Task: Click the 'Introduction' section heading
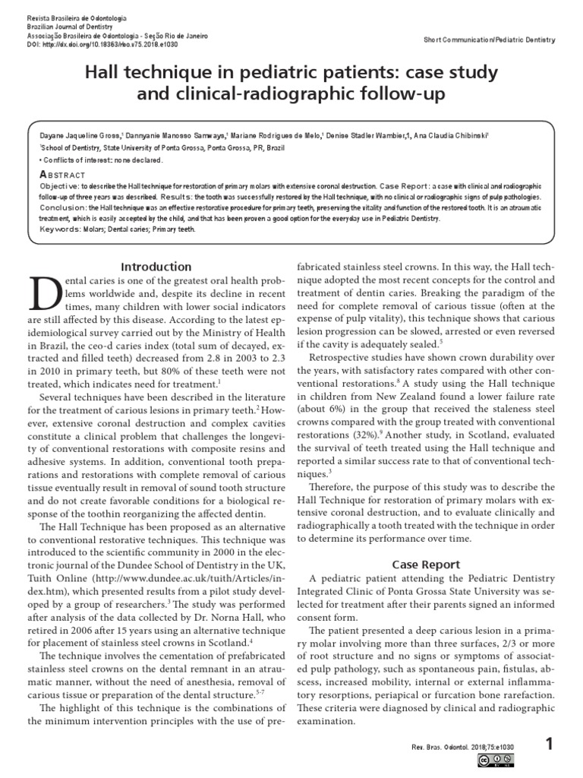click(158, 267)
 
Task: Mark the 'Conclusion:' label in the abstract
click(64, 207)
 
